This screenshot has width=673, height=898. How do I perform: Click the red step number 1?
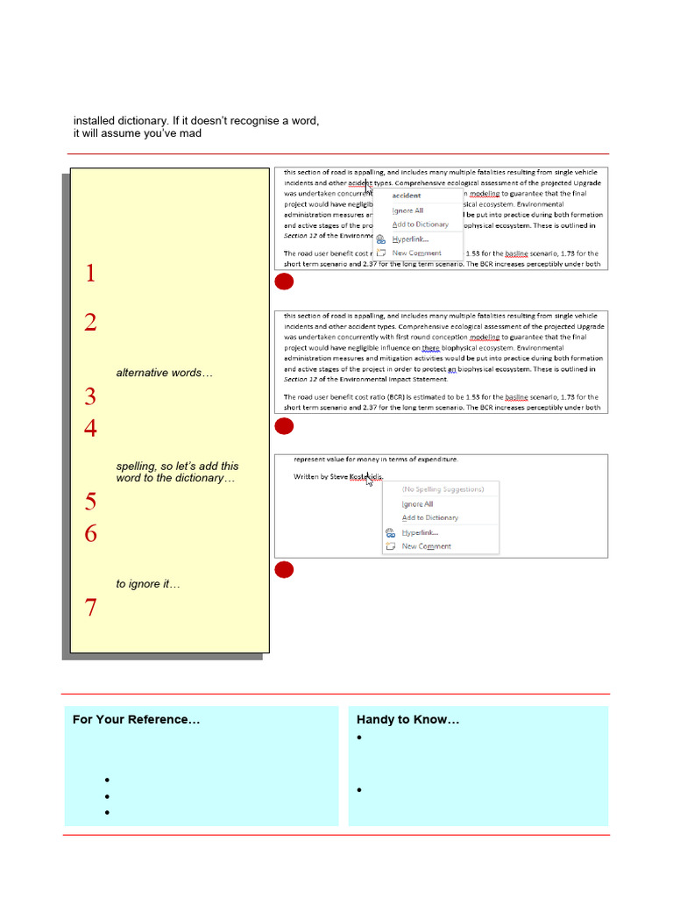click(x=90, y=274)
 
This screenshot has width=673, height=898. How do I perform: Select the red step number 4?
click(x=90, y=429)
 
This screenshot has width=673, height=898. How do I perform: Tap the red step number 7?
click(x=90, y=608)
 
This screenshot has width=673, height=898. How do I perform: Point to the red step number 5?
click(x=90, y=502)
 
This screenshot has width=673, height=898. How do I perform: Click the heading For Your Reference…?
click(x=136, y=720)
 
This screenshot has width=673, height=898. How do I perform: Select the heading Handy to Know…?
click(x=407, y=720)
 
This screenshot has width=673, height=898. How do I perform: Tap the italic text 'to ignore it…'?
click(x=148, y=584)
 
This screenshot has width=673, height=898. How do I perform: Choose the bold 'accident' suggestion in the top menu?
click(x=407, y=196)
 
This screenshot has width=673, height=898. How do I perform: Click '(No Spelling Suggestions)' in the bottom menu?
click(x=443, y=489)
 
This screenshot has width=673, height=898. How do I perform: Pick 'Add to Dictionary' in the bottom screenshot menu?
click(x=429, y=517)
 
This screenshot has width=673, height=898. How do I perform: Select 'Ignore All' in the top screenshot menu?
click(x=407, y=210)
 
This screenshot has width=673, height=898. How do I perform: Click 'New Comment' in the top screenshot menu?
click(x=416, y=253)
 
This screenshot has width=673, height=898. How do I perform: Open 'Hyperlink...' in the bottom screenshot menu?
click(x=422, y=532)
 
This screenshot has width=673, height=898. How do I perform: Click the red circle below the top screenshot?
click(x=283, y=282)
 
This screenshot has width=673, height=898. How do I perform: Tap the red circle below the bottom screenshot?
click(x=283, y=571)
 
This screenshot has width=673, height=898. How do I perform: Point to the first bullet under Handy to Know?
click(x=360, y=738)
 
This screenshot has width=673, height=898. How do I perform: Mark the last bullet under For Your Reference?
click(x=106, y=813)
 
